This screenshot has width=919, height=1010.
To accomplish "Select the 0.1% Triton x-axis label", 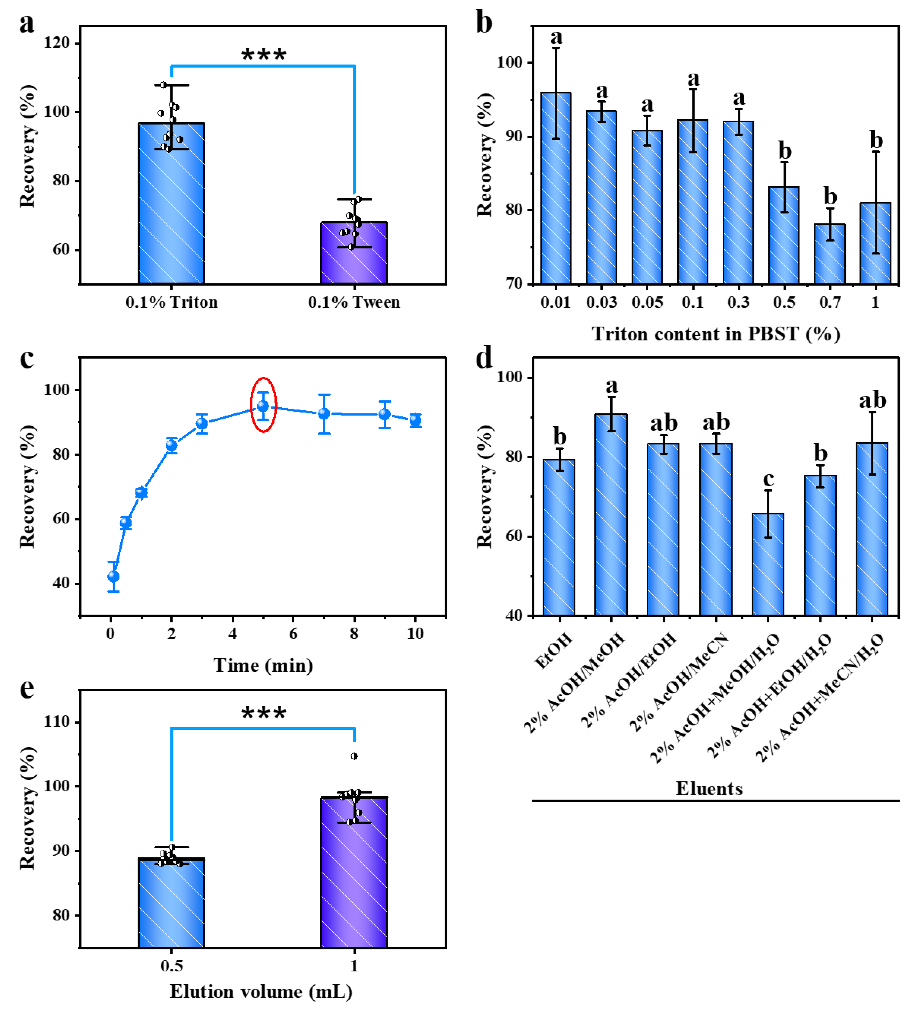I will click(x=171, y=302).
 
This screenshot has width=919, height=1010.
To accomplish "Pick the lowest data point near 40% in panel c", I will click(x=113, y=577).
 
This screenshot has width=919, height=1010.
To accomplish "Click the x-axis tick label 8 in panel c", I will click(x=354, y=634).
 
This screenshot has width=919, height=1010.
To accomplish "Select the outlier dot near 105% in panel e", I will click(x=354, y=756).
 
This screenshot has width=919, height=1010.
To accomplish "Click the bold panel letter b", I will click(x=484, y=22).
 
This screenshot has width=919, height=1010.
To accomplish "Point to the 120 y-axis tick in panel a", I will click(x=57, y=43).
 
